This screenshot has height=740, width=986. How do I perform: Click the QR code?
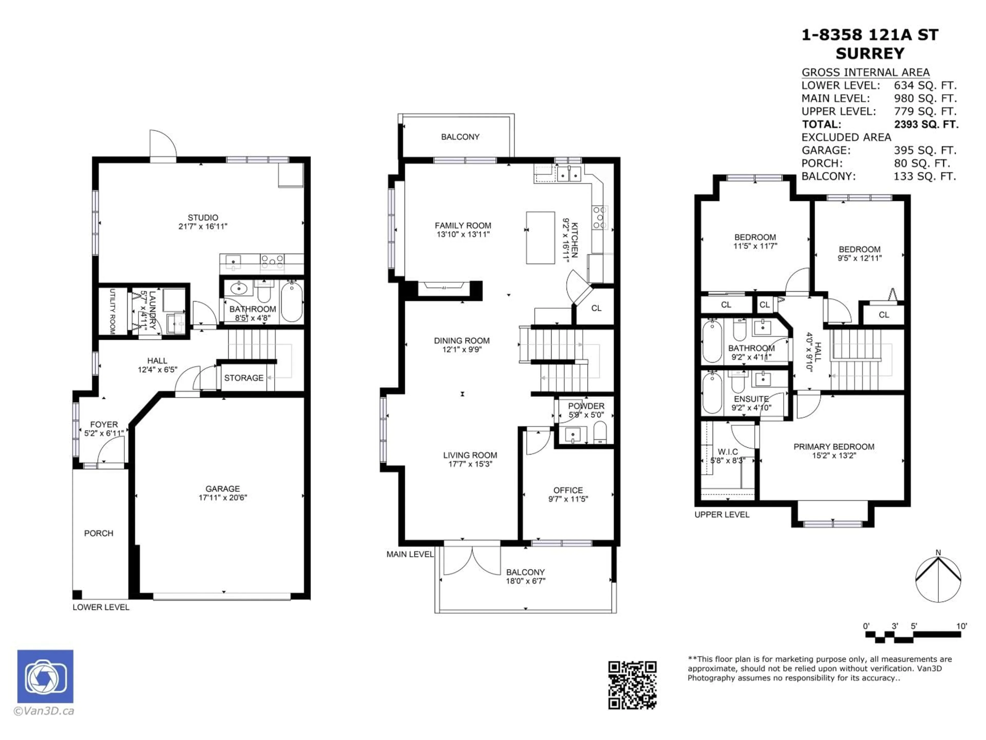tap(632, 685)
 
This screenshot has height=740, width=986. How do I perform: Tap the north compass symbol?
tap(938, 579)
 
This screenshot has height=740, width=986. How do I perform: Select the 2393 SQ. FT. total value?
tap(926, 124)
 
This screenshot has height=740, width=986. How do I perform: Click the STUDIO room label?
tap(203, 218)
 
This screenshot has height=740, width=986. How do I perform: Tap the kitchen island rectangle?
tap(540, 238)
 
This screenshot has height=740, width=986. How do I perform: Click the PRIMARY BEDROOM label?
tap(833, 447)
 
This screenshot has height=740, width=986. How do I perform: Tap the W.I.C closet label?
tap(727, 452)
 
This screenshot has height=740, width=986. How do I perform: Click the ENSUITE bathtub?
tap(712, 393)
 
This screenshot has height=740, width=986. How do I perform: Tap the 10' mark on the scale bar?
tap(962, 626)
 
